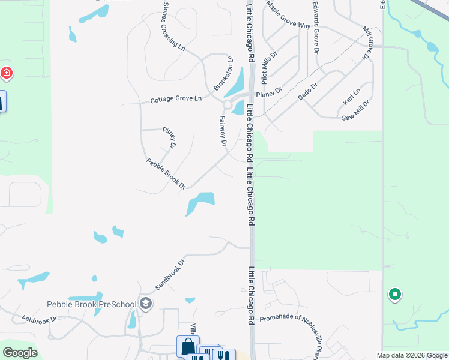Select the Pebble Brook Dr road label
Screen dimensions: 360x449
pyautogui.click(x=166, y=173)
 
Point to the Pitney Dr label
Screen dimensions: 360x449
pyautogui.click(x=169, y=137)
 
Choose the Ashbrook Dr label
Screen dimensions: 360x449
pyautogui.click(x=39, y=319)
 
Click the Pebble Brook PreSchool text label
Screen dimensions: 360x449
pyautogui.click(x=92, y=304)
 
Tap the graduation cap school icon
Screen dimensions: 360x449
pyautogui.click(x=145, y=304)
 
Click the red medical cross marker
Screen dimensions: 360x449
pyautogui.click(x=7, y=74)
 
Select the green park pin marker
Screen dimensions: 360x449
pyautogui.click(x=394, y=294)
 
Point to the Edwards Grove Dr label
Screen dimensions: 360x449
pyautogui.click(x=315, y=27)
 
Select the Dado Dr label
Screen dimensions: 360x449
pyautogui.click(x=307, y=91)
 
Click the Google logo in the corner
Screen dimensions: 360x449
pyautogui.click(x=20, y=352)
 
